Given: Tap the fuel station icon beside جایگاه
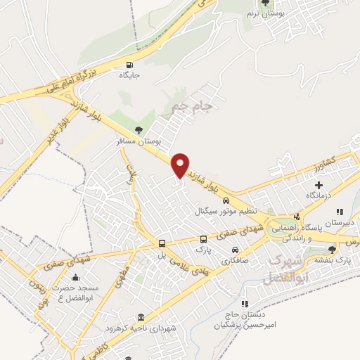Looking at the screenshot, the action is (x=127, y=65).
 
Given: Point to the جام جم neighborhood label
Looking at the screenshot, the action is (x=191, y=106).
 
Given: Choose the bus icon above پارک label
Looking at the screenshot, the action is (x=203, y=238).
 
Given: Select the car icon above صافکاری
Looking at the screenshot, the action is (x=235, y=250).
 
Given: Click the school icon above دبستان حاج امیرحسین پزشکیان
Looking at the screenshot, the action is (x=245, y=304).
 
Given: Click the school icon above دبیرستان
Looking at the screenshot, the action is (x=340, y=211).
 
